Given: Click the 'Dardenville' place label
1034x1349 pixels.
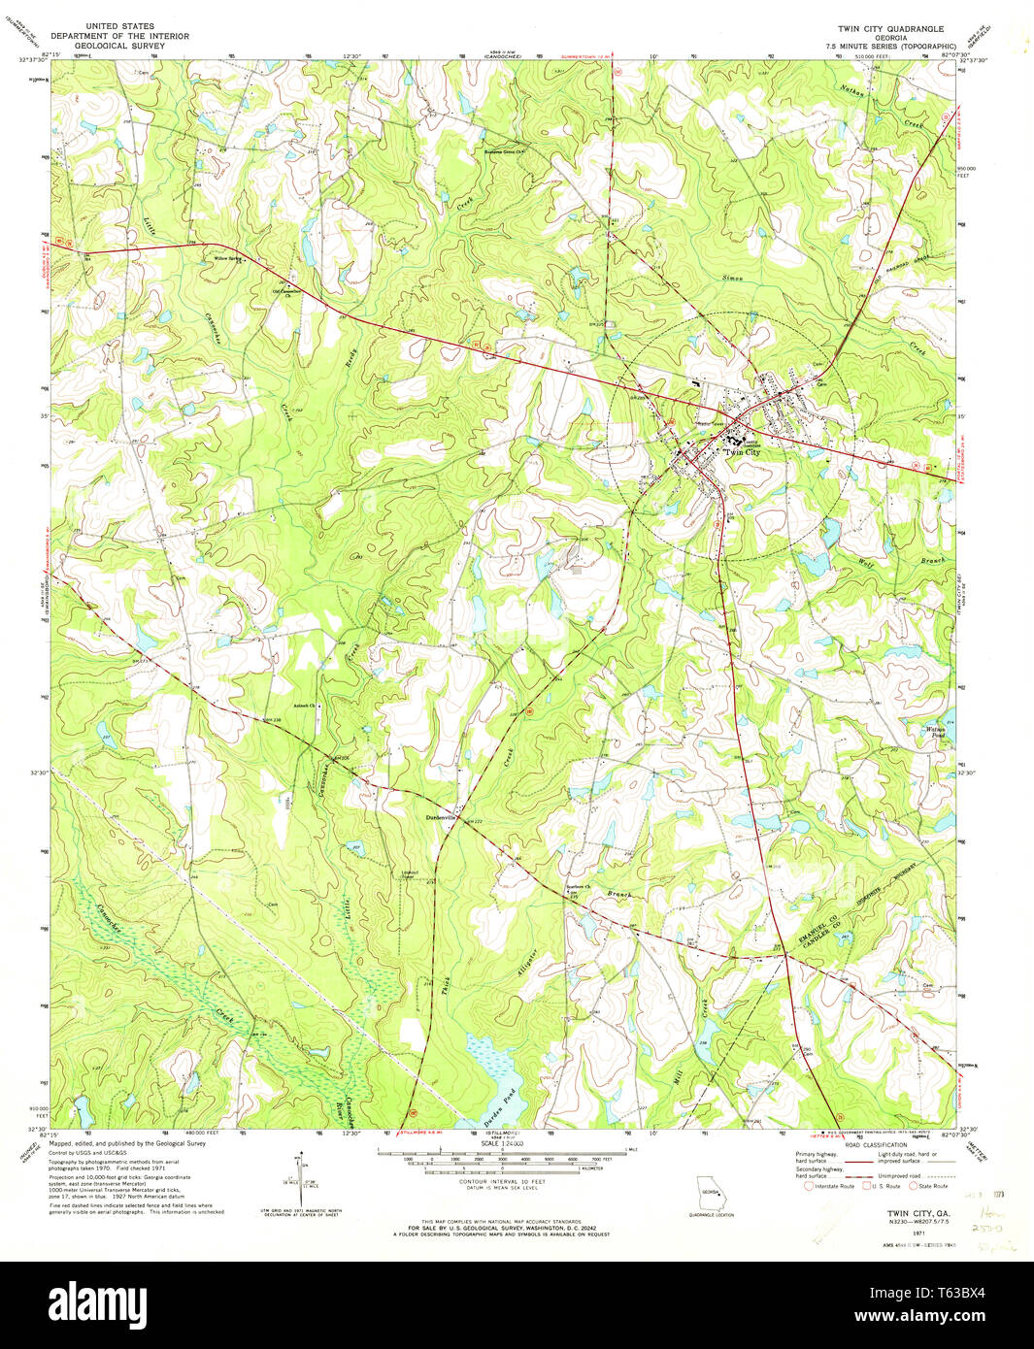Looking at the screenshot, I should click(440, 817).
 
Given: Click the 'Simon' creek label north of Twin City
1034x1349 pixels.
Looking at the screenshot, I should click(732, 278).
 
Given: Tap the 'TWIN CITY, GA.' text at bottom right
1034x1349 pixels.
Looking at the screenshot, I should click(916, 1213).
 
